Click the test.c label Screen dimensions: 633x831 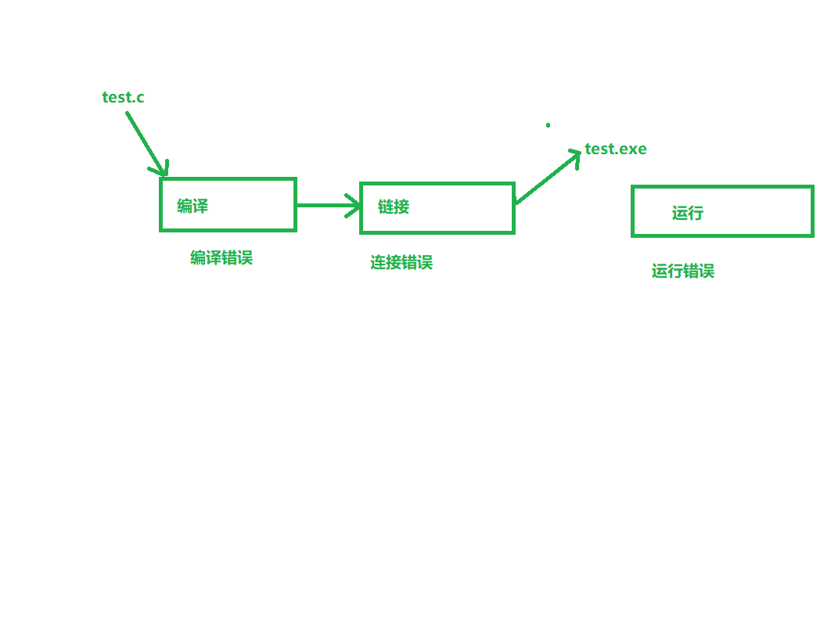coord(123,98)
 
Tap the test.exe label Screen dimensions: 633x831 coord(616,149)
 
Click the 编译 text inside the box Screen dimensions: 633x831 coord(192,207)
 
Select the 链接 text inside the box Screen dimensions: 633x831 coord(394,207)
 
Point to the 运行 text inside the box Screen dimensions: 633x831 coord(688,213)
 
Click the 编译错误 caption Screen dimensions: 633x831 coord(221,257)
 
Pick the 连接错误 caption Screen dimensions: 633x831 coord(401,262)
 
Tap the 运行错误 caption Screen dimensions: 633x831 coord(683,272)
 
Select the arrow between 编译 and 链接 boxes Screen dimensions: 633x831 coord(325,206)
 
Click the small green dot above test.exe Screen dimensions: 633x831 coord(548,125)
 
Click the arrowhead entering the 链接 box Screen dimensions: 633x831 coord(354,206)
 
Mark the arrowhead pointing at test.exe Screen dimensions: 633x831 coord(574,155)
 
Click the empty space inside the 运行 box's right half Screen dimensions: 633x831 coord(767,211)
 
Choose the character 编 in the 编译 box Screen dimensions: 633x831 coord(185,207)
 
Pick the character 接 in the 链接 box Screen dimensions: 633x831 coord(401,207)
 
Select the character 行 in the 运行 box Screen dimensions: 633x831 coord(696,213)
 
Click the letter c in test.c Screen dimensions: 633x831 coord(140,98)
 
